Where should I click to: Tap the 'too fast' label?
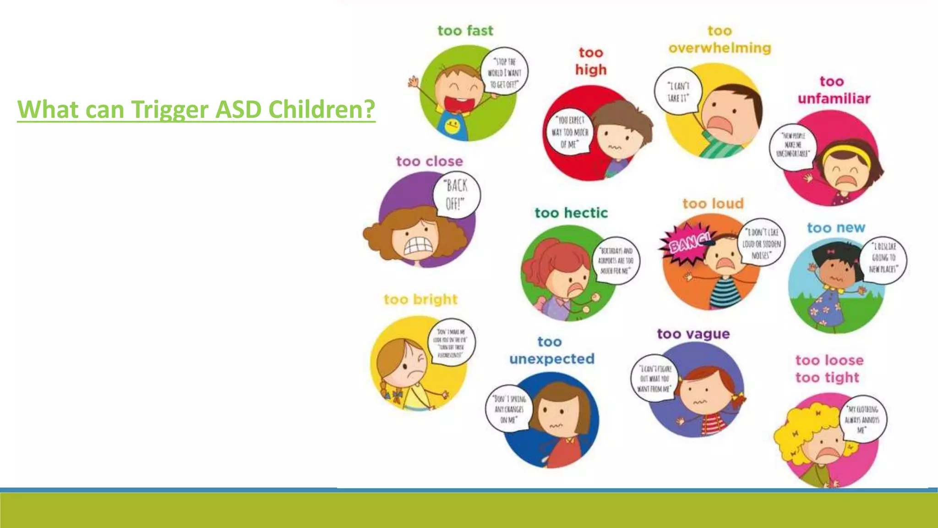point(465,31)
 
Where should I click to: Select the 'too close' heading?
point(429,161)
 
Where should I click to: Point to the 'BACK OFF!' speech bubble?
point(456,194)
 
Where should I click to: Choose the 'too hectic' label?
point(571,213)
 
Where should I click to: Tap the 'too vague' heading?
point(693,334)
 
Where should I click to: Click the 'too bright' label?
point(420,299)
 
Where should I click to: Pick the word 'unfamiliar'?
point(834,99)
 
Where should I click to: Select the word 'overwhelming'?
point(720,48)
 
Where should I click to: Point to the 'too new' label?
point(836,228)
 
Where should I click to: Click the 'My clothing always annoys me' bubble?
point(862,419)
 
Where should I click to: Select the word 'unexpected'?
point(551,359)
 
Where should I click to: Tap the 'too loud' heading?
point(713,203)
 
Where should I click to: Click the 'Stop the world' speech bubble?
point(504,72)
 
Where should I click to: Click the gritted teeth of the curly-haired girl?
point(418,247)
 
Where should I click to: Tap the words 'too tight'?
point(827,378)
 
